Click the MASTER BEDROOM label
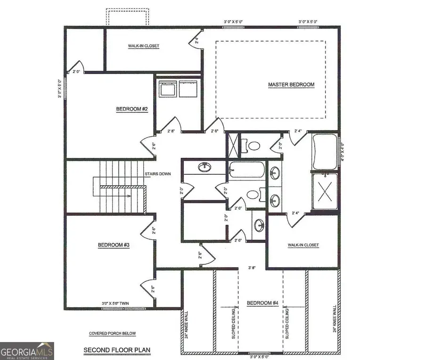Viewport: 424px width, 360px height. (291, 85)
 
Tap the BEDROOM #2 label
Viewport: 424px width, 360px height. (132, 109)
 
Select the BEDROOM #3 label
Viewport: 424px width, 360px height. (114, 245)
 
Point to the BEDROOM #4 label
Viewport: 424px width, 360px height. (262, 303)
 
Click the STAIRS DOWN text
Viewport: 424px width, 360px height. (158, 174)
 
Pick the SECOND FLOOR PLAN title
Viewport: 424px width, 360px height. (111, 350)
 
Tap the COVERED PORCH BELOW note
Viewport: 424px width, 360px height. (112, 334)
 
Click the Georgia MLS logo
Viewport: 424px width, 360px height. (27, 351)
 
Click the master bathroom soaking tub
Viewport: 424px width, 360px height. (325, 152)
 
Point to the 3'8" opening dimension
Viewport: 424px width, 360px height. (253, 268)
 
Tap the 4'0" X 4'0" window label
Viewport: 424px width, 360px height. (342, 153)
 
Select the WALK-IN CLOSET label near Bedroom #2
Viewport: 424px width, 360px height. (144, 46)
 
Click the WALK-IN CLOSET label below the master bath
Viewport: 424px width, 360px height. (303, 245)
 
